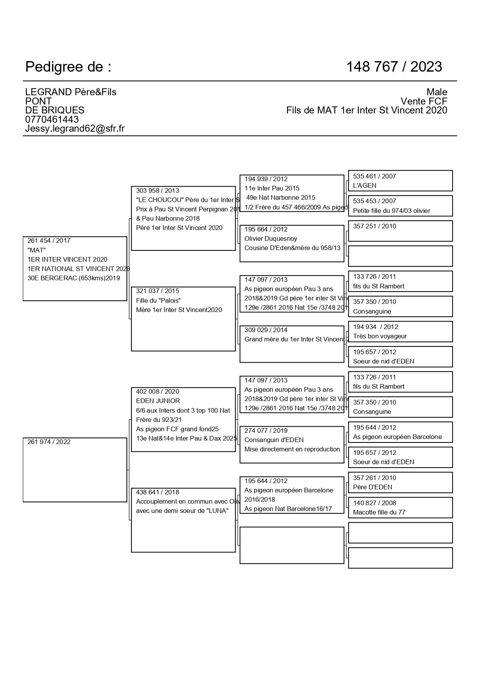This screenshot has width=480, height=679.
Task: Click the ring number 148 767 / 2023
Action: (394, 67)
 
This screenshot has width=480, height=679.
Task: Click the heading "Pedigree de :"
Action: (68, 67)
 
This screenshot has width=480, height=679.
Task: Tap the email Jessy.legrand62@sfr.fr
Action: (75, 129)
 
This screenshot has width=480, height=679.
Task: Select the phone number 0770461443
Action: (52, 119)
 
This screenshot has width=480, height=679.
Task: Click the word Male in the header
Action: (437, 92)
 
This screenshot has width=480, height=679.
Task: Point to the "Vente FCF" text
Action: (424, 101)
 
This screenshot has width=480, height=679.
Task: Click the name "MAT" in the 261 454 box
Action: (36, 250)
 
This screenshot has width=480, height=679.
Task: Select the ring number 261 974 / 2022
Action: (49, 442)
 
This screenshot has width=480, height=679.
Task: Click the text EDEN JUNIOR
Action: (158, 401)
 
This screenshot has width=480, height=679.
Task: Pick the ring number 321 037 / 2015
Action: (157, 291)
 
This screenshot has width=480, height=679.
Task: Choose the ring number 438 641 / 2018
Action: (157, 492)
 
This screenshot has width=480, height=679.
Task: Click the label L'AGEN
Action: (364, 185)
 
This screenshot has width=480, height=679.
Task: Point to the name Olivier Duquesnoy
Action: (271, 238)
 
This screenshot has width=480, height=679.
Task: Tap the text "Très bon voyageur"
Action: (380, 336)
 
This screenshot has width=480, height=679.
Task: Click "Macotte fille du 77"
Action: (379, 512)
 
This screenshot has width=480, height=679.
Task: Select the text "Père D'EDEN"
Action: (372, 487)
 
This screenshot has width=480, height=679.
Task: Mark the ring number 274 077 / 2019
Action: (266, 430)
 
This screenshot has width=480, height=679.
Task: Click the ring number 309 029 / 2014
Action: (266, 330)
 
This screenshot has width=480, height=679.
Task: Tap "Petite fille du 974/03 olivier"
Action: (391, 211)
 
